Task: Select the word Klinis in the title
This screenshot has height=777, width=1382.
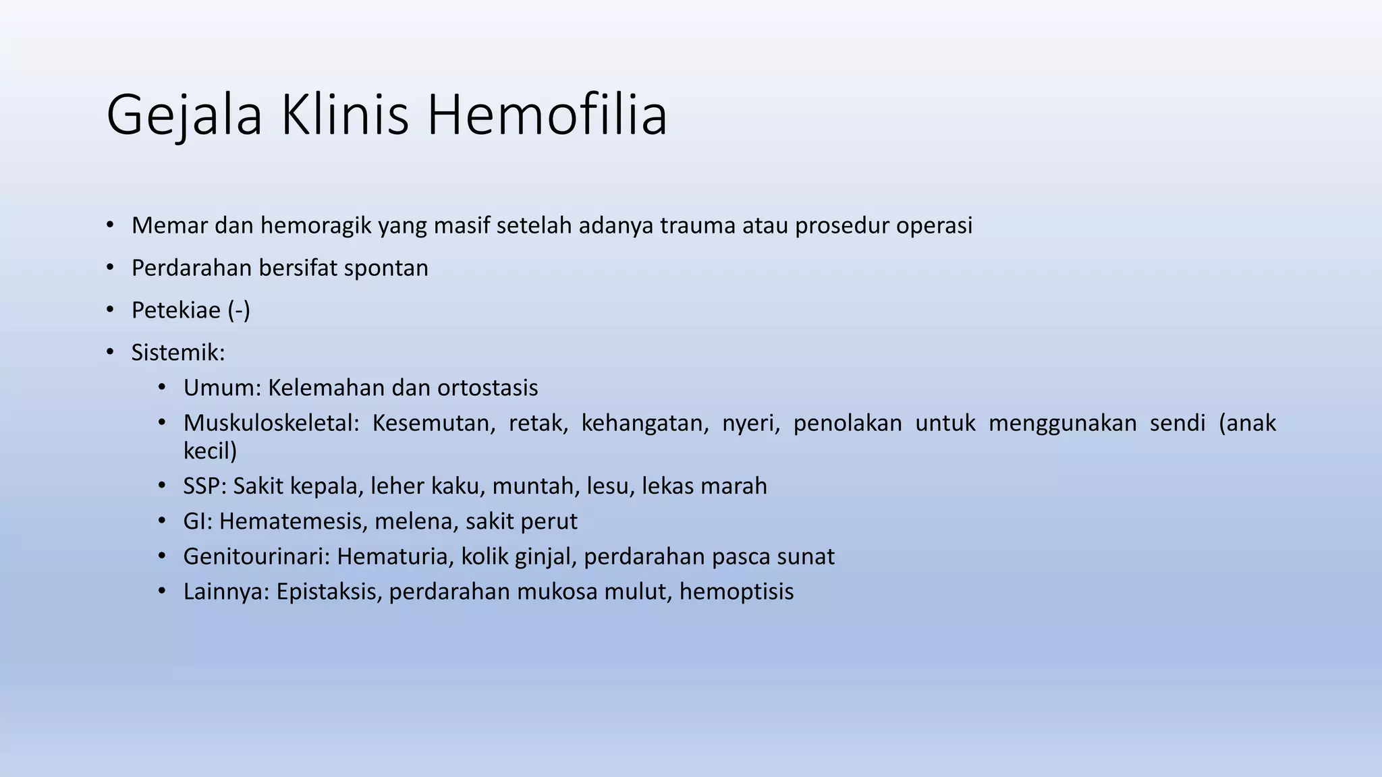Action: (x=344, y=115)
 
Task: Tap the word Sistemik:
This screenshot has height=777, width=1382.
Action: (x=178, y=352)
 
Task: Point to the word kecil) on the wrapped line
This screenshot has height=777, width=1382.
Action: (x=210, y=451)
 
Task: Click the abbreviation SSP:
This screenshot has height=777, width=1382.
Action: (x=204, y=486)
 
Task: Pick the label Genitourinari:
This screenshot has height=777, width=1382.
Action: (x=256, y=556)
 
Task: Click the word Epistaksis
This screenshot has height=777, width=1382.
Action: (x=329, y=592)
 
